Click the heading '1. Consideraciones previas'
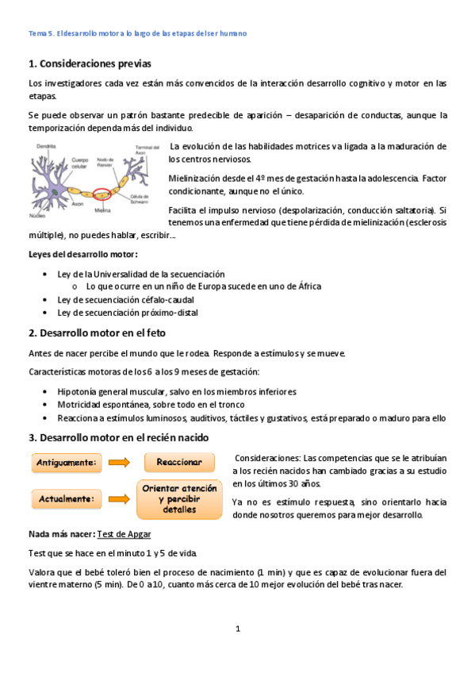(89, 63)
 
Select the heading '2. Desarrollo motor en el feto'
(97, 333)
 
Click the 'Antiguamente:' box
(67, 462)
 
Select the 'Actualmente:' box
(67, 499)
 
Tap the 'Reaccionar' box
(179, 462)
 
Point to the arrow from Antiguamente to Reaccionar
(118, 462)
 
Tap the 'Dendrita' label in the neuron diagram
(45, 147)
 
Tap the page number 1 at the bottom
(237, 629)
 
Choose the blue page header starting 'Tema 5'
(137, 33)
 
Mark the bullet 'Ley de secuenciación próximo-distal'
(128, 313)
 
